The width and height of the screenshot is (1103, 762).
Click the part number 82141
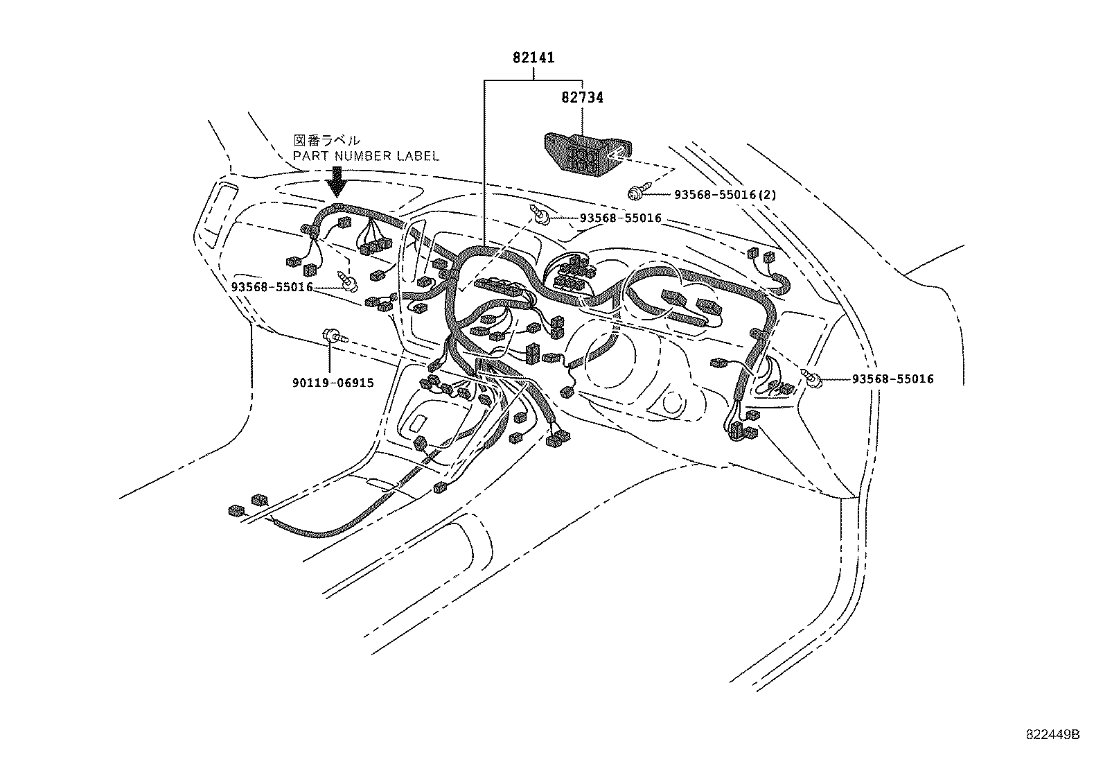tap(533, 58)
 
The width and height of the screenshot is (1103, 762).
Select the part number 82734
tap(582, 98)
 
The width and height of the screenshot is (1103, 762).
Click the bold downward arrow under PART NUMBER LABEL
tap(337, 181)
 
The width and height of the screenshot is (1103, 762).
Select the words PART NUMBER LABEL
tap(366, 156)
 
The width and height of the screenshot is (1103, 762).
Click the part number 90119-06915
tap(333, 382)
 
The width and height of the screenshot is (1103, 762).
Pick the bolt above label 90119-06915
tap(333, 337)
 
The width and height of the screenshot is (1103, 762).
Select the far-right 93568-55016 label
tap(893, 379)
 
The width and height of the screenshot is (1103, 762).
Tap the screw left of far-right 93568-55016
tap(812, 377)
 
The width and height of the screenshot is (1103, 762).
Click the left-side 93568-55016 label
tap(273, 287)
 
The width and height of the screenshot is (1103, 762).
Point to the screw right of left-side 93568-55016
tap(350, 280)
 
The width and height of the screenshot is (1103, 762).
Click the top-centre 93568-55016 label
tap(621, 218)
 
